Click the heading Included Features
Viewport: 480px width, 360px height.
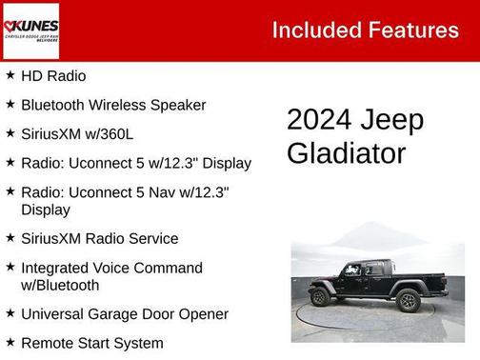pyautogui.click(x=365, y=30)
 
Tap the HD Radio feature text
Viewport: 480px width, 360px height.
pyautogui.click(x=52, y=75)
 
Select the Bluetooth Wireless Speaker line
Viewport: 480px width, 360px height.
pyautogui.click(x=112, y=105)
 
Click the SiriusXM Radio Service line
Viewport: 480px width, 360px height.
pyautogui.click(x=99, y=238)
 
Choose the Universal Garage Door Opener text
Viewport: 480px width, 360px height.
pyautogui.click(x=124, y=313)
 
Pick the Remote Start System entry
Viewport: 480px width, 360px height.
pyautogui.click(x=91, y=343)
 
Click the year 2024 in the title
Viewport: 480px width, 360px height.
pyautogui.click(x=318, y=121)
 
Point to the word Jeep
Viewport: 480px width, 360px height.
pyautogui.click(x=391, y=121)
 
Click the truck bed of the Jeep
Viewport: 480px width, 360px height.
pyautogui.click(x=419, y=283)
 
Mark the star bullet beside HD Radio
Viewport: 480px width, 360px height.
pyautogui.click(x=10, y=75)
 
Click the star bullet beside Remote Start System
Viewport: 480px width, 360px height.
pyautogui.click(x=10, y=343)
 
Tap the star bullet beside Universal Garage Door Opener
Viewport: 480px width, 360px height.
pyautogui.click(x=10, y=313)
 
